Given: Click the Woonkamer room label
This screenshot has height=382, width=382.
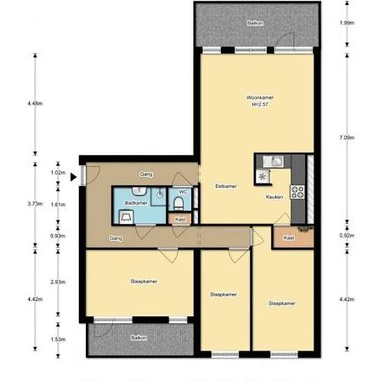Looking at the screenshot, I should pos(259,98).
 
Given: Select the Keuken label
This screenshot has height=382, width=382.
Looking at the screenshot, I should pos(274,197).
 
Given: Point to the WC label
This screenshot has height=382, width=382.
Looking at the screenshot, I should pos(183,192).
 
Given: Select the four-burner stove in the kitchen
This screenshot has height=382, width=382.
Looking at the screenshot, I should pos(299,190).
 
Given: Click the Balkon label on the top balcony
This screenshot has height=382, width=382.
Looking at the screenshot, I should pos(255,23).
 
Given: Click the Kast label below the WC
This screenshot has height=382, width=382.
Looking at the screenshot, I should pos(180,219).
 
